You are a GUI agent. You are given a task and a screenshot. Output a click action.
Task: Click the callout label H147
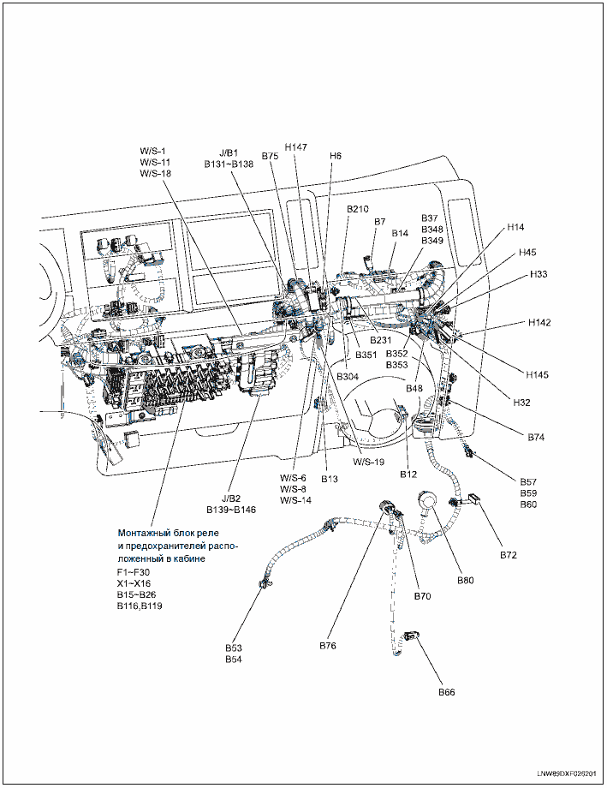[x=295, y=147]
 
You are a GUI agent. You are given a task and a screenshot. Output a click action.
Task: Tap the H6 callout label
[x=336, y=156]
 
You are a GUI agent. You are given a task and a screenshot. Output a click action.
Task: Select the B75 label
[x=271, y=156]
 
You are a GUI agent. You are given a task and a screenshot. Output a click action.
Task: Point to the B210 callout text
[x=358, y=209]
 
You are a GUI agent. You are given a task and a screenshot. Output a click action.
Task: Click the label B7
[x=380, y=222]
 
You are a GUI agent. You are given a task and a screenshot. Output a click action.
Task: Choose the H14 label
[x=515, y=227]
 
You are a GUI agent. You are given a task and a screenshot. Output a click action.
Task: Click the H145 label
[x=539, y=374]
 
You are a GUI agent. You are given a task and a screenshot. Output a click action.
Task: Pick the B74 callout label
[x=536, y=437]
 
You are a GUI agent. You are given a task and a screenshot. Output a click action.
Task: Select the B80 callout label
[x=466, y=580]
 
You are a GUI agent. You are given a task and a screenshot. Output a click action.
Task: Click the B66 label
[x=448, y=691]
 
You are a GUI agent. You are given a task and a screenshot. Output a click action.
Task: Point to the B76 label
[x=329, y=644]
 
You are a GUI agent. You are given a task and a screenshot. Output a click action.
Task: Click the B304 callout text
[x=348, y=376]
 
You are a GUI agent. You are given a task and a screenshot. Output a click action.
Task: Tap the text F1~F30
[x=133, y=571]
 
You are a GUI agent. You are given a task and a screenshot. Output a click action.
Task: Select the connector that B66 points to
[x=412, y=635]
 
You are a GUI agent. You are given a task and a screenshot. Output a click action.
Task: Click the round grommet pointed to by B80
[x=426, y=501]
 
